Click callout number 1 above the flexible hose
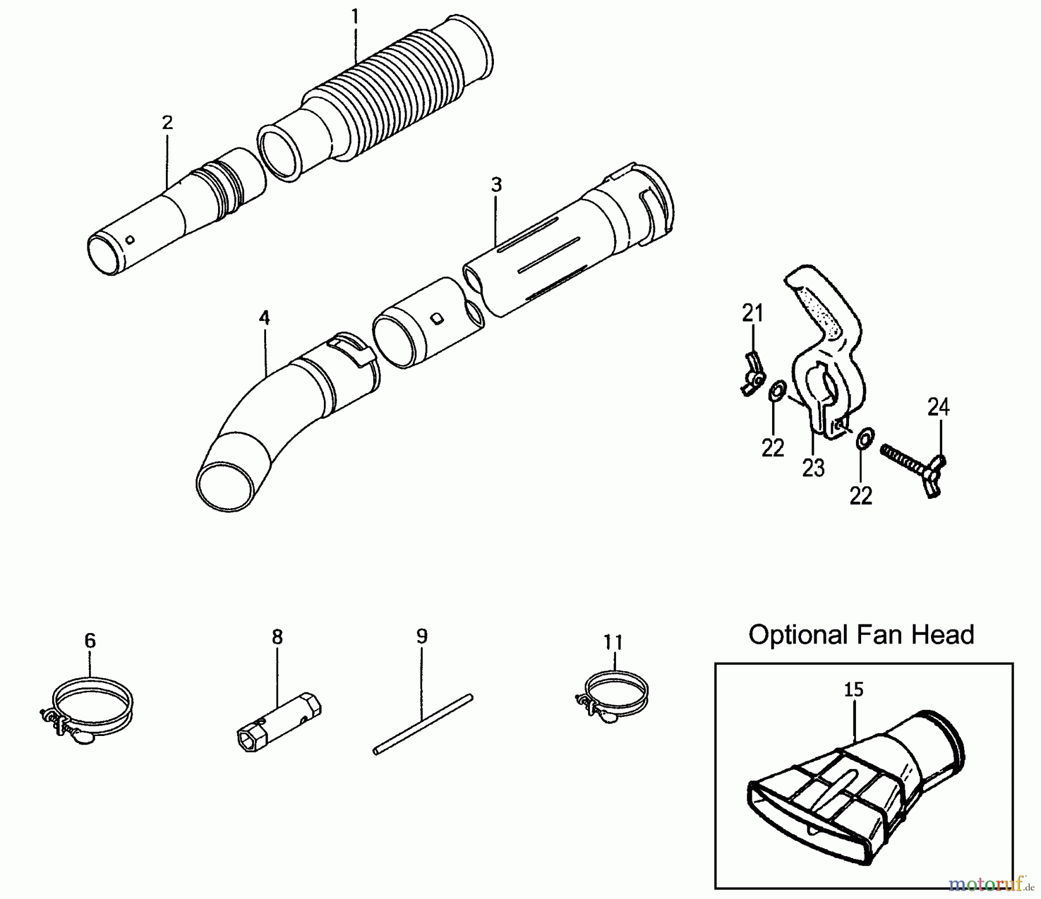coord(355,17)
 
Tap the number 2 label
coord(167,123)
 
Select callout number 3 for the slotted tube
coord(496,185)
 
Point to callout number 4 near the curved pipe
coord(264,317)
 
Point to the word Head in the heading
coord(943,634)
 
